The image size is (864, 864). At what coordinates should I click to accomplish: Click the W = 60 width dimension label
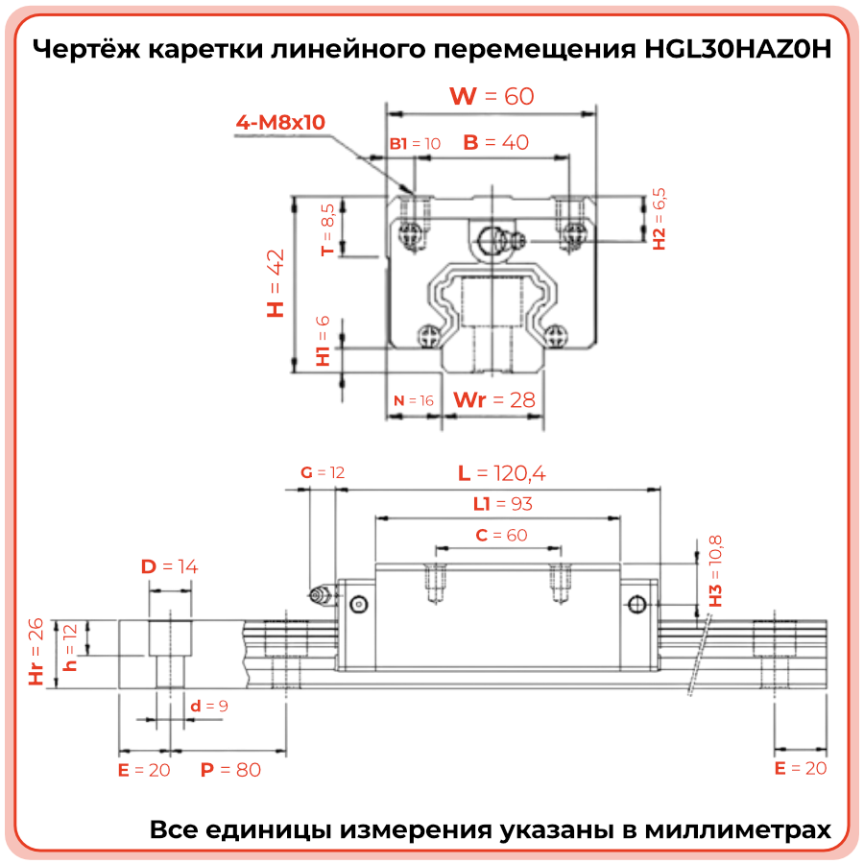coord(492,96)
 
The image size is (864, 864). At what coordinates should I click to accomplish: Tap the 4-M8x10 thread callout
coord(281,123)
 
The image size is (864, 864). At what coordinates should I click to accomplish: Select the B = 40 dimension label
coord(495,143)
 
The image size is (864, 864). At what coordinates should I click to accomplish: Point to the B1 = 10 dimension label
coord(415,144)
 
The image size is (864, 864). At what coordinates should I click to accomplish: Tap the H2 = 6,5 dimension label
coord(659,219)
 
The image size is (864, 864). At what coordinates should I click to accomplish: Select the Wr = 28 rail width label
coord(493,399)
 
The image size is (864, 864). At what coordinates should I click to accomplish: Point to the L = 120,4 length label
coord(502,472)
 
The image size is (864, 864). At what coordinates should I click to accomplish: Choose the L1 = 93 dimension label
coord(502,503)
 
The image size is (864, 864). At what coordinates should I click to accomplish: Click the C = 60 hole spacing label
coord(501,535)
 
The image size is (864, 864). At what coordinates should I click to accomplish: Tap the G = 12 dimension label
coord(322,472)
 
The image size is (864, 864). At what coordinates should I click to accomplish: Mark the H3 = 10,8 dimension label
coord(715,571)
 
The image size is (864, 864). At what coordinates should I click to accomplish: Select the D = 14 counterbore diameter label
coord(170,566)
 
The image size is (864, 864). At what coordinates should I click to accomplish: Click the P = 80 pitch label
coord(230,769)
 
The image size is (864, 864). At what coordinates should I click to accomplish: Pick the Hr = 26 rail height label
coord(36,653)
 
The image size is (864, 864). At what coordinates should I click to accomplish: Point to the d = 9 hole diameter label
coord(208,707)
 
